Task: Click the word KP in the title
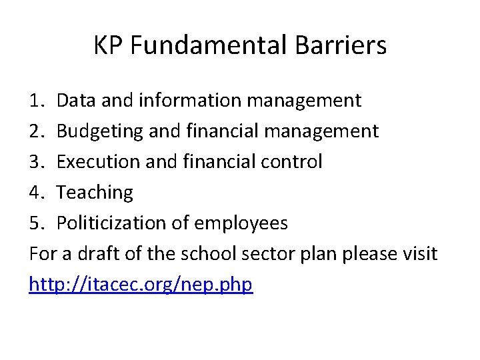[x=109, y=46]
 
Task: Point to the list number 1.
[x=36, y=101]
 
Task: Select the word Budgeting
[x=101, y=132]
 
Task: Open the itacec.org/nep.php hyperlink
[x=141, y=285]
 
